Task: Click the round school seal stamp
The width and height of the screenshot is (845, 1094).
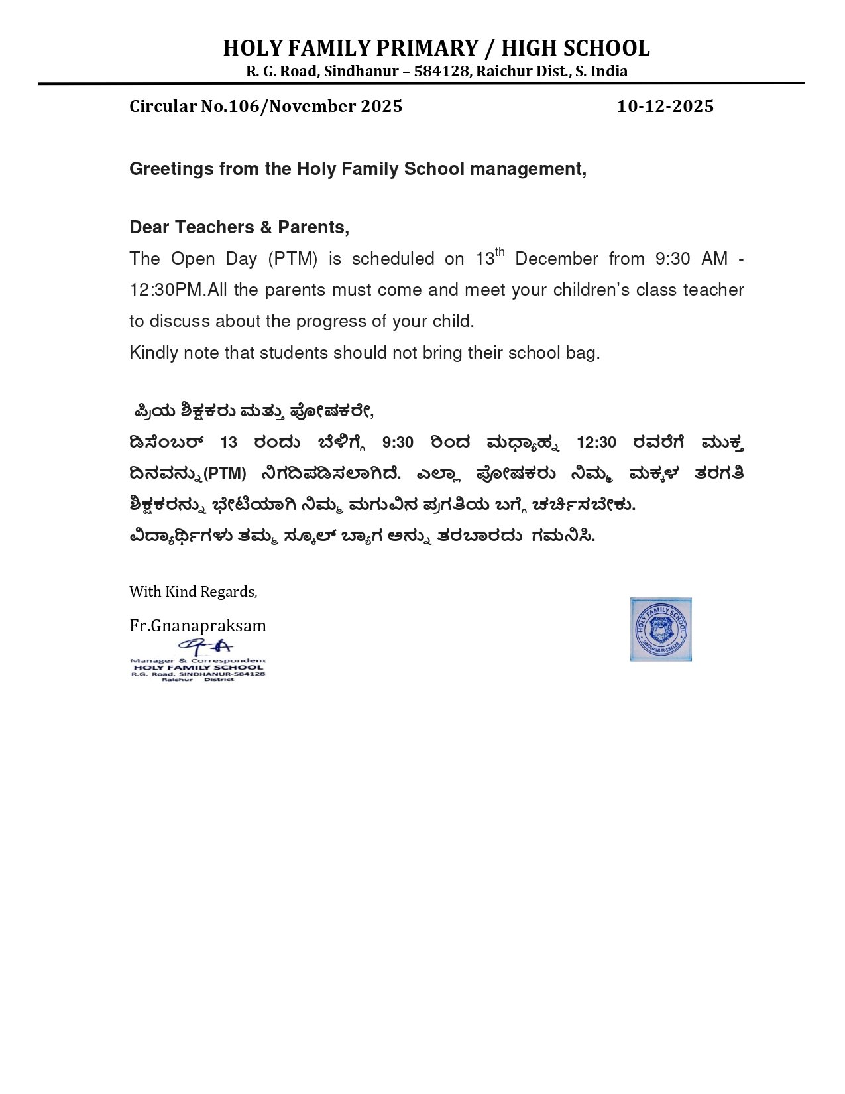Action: [661, 629]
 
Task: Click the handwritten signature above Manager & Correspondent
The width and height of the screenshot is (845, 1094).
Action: [206, 646]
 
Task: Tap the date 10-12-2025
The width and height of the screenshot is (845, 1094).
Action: [665, 107]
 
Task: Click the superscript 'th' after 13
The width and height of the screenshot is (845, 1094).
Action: [500, 251]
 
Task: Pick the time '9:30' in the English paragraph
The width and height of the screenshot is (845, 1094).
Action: [673, 259]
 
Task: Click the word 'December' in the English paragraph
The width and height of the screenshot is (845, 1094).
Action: [556, 259]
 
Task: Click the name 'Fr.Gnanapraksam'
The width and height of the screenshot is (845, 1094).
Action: [197, 625]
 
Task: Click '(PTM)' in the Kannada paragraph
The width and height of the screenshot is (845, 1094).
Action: [225, 473]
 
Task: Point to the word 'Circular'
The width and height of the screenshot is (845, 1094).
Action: [162, 107]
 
